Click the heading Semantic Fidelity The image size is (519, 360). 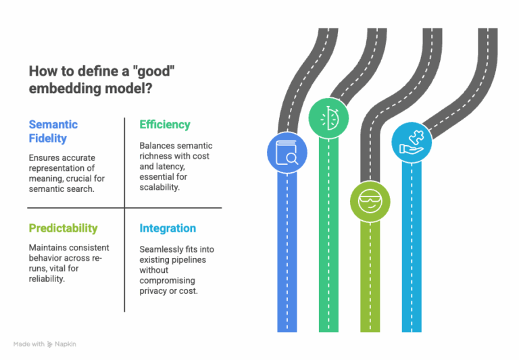click(x=53, y=131)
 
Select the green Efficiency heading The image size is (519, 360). click(x=165, y=125)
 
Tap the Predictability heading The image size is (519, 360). click(x=64, y=228)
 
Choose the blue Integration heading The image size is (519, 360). click(x=168, y=228)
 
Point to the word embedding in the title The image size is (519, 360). click(x=65, y=88)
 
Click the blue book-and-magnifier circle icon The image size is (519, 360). click(x=287, y=153)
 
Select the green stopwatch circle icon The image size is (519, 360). click(x=328, y=118)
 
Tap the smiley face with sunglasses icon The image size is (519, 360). click(x=370, y=201)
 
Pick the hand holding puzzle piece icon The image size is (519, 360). click(x=412, y=143)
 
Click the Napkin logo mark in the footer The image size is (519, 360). click(x=50, y=344)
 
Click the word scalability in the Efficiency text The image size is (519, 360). click(x=159, y=187)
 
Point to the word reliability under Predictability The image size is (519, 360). click(x=47, y=279)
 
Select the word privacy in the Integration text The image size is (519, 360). click(x=153, y=291)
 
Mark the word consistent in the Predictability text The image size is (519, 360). click(x=89, y=248)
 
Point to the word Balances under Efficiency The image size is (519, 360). click(x=155, y=146)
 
